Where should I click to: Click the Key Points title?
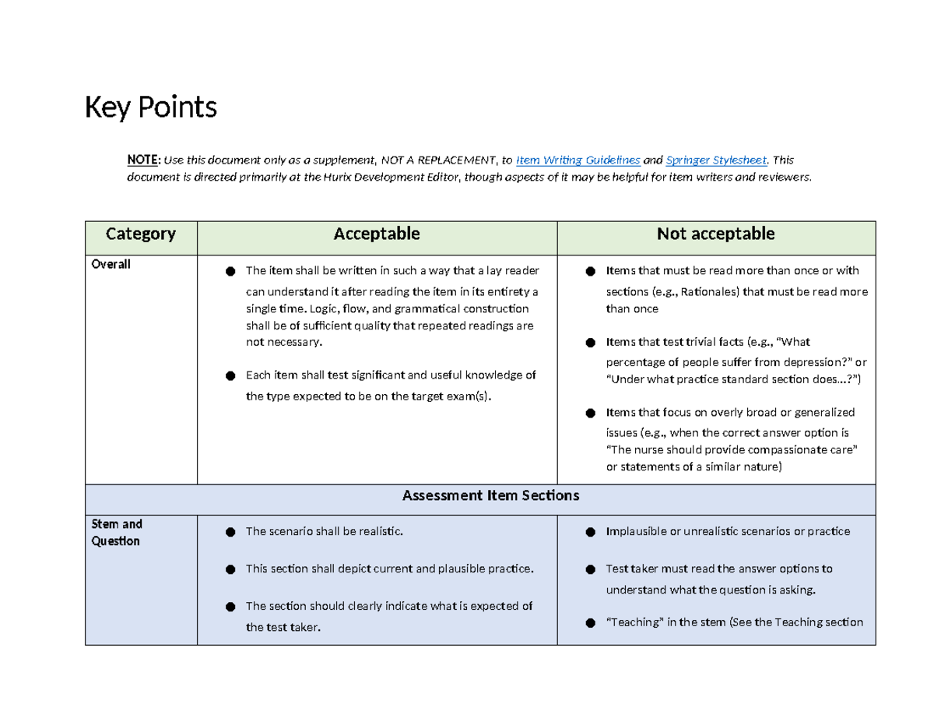(150, 107)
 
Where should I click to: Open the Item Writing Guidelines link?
(578, 160)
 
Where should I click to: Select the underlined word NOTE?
(142, 160)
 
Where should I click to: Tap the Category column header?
(141, 234)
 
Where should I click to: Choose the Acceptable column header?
(377, 234)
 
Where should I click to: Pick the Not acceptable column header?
(715, 234)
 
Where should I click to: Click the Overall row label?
(111, 265)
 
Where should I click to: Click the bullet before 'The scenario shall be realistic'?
(230, 532)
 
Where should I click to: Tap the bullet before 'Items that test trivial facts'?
(590, 343)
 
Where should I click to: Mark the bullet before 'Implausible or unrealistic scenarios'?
(590, 532)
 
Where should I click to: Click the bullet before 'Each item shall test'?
(230, 376)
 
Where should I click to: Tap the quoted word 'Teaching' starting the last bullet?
(633, 622)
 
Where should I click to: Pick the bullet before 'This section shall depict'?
(230, 569)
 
